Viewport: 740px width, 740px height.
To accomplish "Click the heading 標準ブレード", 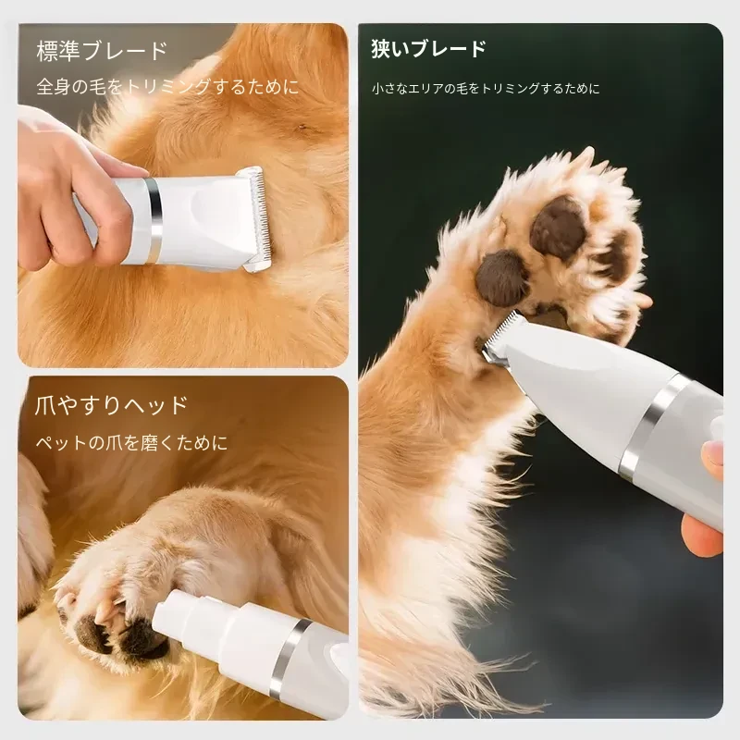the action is pyautogui.click(x=102, y=51).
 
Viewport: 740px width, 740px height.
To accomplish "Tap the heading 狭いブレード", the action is pyautogui.click(x=428, y=49).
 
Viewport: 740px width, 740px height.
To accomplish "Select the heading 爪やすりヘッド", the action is pyautogui.click(x=111, y=405).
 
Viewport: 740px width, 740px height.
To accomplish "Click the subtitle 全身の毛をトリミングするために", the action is pyautogui.click(x=167, y=86).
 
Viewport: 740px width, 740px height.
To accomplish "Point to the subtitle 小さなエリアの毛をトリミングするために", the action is pyautogui.click(x=486, y=88).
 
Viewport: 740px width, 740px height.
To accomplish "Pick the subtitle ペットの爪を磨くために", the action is pyautogui.click(x=131, y=443).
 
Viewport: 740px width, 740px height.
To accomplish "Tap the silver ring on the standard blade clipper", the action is pyautogui.click(x=154, y=220).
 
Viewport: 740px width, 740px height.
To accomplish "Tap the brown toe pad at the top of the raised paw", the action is pyautogui.click(x=558, y=228).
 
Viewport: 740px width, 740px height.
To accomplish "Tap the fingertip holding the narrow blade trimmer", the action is pyautogui.click(x=713, y=454).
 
